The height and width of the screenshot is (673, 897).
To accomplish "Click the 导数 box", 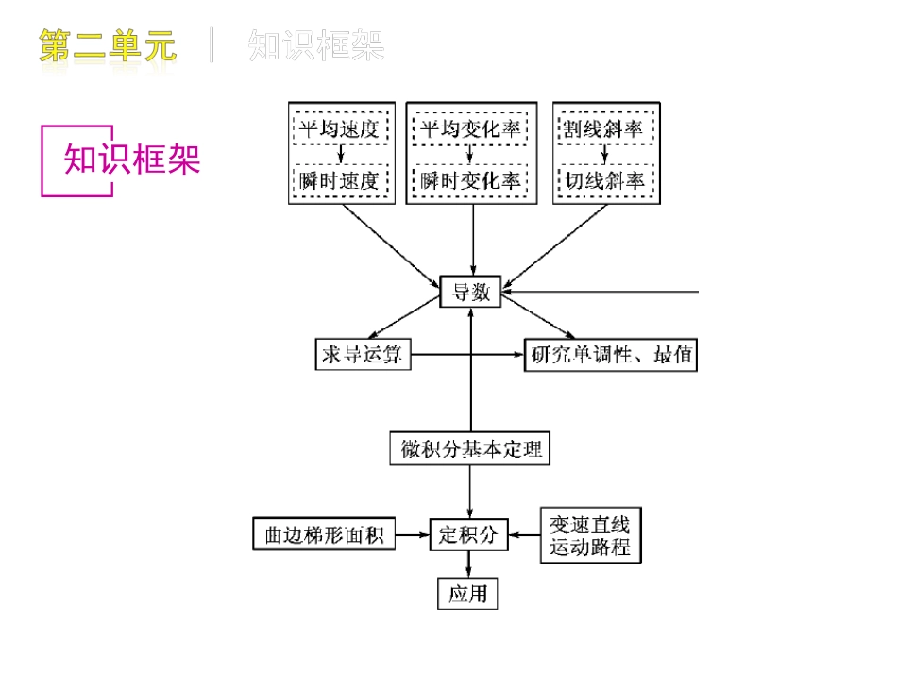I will coord(470,293).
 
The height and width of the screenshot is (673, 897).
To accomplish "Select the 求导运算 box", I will coord(363,355).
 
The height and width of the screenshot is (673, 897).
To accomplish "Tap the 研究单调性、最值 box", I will coord(610,356).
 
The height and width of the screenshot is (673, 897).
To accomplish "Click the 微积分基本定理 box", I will coord(469,449).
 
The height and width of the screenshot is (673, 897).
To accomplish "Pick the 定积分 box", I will coord(468,534).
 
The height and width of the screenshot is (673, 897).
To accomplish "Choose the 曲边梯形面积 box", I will coord(323,535).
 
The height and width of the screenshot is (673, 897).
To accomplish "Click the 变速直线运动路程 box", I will coord(589,536).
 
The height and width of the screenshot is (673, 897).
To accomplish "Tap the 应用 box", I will coord(467,594).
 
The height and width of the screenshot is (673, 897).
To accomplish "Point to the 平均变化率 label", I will coord(470,128).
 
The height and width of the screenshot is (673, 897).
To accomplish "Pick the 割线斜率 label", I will coord(605,128).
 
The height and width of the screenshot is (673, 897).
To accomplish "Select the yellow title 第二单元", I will coord(108,45).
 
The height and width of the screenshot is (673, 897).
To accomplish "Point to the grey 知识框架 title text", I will coord(316,45).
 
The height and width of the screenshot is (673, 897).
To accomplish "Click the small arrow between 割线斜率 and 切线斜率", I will coord(605,154).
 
